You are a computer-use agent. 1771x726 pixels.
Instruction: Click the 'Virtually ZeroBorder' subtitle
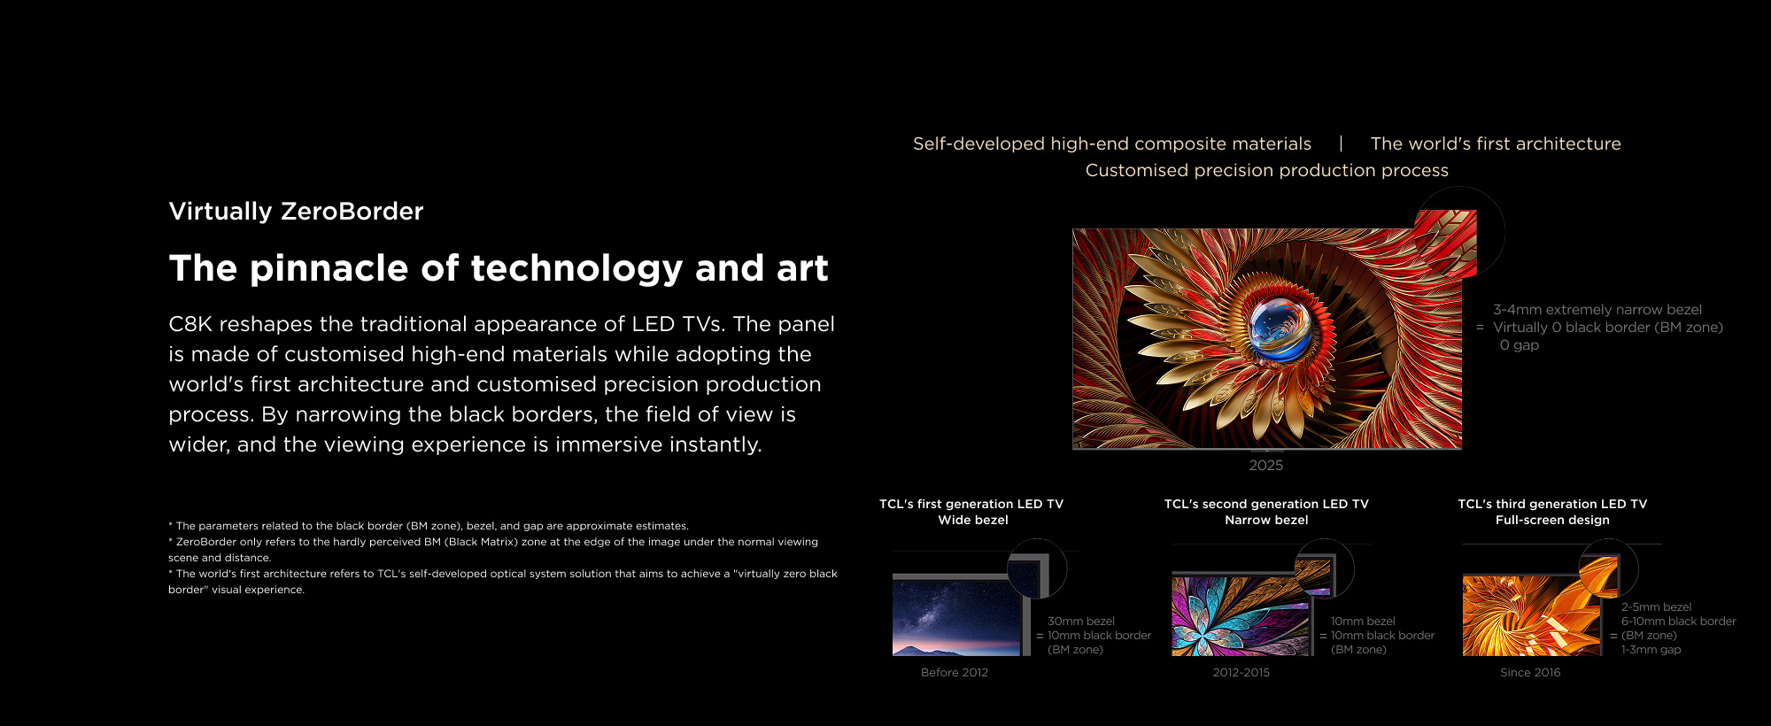[x=296, y=211]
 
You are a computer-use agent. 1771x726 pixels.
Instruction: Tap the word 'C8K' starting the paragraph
[x=190, y=324]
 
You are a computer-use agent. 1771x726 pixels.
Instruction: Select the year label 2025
[x=1265, y=466]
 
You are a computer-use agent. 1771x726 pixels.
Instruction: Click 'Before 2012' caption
[x=955, y=673]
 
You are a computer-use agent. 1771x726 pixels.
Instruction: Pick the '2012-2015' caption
[x=1241, y=673]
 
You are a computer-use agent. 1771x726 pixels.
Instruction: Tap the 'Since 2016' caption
[x=1530, y=673]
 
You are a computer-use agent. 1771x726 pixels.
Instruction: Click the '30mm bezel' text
[x=1081, y=622]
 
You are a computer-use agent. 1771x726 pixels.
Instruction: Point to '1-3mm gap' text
[x=1651, y=650]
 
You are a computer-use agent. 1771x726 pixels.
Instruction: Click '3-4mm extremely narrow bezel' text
[x=1597, y=310]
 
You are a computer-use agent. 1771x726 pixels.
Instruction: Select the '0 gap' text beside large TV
[x=1520, y=345]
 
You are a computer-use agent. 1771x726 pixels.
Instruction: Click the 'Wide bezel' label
[x=973, y=521]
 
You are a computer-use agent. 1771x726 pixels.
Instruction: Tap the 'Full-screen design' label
[x=1552, y=521]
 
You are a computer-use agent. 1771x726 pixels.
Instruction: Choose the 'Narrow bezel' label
[x=1266, y=521]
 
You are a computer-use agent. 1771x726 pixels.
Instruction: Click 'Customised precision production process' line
[x=1267, y=170]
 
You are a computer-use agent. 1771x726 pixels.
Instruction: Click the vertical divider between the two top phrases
[x=1341, y=143]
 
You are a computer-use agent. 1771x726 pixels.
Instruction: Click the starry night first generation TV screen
[x=955, y=618]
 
